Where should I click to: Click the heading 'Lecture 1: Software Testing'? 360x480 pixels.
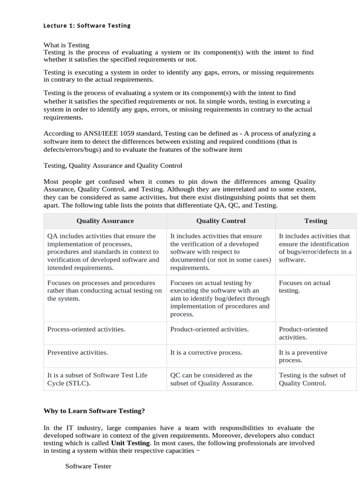coord(87,26)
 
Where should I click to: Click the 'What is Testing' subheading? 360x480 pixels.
coord(66,45)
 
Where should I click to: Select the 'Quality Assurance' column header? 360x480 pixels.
coord(105,221)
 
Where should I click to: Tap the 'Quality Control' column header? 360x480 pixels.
coord(221,221)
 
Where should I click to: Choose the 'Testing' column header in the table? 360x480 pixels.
coord(315,221)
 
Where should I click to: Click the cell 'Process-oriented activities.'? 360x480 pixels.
coord(86,329)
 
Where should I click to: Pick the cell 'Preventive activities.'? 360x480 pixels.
coord(78,352)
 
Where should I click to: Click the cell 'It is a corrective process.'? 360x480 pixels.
coord(206,352)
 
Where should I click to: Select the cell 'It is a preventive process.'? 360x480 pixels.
coord(303,356)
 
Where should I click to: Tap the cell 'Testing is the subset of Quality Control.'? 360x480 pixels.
coord(312,379)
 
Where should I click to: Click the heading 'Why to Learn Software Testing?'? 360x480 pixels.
coord(94,411)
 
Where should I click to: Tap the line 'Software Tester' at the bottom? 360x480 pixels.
coord(88,466)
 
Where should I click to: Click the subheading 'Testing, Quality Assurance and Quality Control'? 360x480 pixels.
coord(112,165)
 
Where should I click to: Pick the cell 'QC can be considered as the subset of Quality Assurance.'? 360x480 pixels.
coord(212,379)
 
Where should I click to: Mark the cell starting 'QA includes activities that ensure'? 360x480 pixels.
coord(103,252)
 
